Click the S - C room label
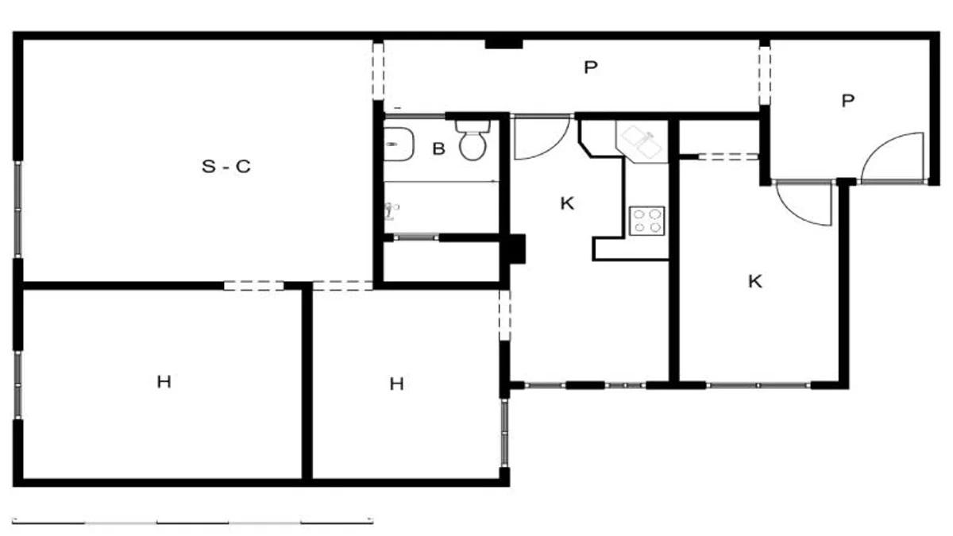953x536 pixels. pos(226,166)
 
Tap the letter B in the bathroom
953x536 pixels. pos(438,149)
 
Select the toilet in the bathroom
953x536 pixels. pos(473,141)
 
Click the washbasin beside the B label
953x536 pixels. pos(399,145)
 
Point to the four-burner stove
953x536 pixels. pos(646,221)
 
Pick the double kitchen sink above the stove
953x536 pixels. pos(642,142)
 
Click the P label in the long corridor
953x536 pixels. pos(591,67)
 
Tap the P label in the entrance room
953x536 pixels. pos(848,101)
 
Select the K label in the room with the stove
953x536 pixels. pos(567,204)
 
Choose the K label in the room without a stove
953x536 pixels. pos(755,282)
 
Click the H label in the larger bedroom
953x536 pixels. pos(164,382)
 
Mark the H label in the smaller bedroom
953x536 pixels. pos(396,384)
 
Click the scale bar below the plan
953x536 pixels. pos(193,522)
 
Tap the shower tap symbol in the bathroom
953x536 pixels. pos(391,211)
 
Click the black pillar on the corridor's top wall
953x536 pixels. pos(504,44)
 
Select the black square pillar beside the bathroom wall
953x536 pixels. pos(516,249)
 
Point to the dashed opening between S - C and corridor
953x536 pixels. pos(378,71)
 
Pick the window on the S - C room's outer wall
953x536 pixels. pos(18,210)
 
